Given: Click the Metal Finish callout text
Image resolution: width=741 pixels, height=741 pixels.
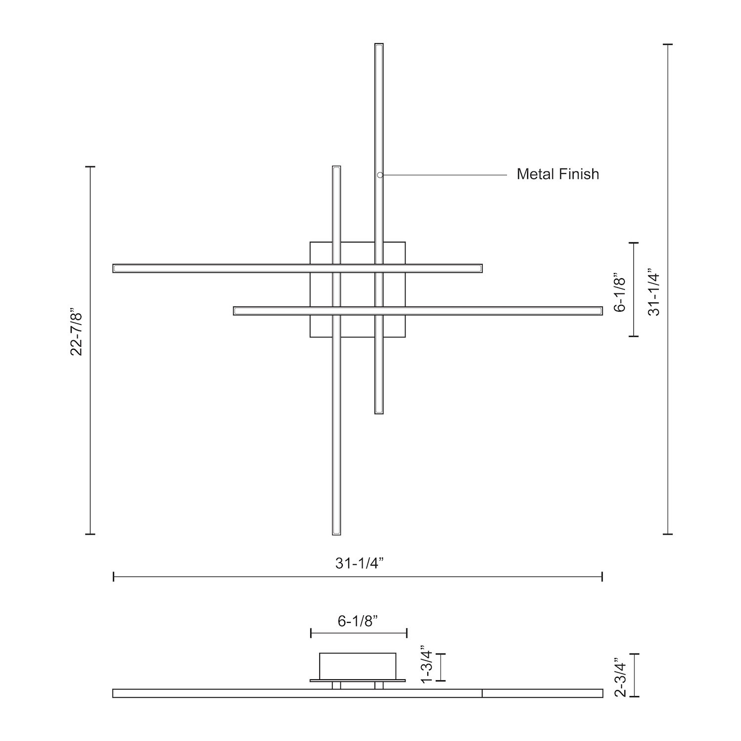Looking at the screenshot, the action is (x=558, y=174).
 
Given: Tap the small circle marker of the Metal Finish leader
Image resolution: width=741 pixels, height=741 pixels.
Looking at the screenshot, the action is (x=380, y=175).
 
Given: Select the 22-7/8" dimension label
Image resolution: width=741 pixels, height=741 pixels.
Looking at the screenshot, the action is (x=76, y=333).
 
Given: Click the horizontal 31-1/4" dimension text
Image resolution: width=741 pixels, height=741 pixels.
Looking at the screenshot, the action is (x=360, y=563).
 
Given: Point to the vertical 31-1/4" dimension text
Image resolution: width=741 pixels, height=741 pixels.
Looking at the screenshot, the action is (x=654, y=292).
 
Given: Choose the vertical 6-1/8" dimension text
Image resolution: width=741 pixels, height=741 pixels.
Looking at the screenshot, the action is (x=619, y=292).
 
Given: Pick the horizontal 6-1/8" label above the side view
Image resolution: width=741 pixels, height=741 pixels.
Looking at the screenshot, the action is (x=358, y=621).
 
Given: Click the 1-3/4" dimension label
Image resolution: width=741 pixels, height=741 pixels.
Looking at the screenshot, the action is (x=427, y=664).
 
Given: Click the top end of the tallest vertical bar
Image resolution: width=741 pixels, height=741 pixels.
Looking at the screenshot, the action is (x=379, y=44).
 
